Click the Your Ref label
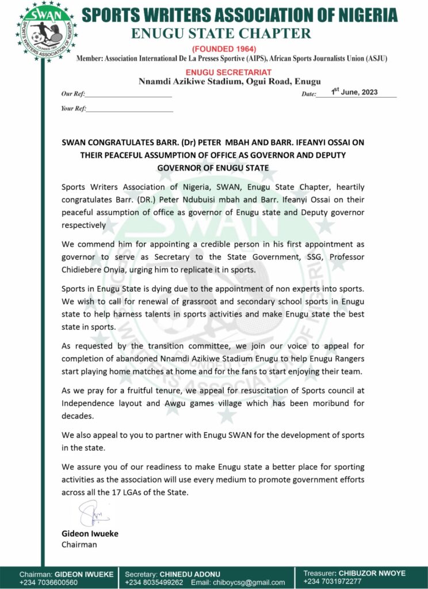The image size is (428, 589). click(x=73, y=108)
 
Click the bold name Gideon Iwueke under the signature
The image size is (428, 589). click(x=90, y=533)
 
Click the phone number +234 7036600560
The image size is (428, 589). click(x=48, y=582)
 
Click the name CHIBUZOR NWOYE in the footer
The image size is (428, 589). click(x=372, y=573)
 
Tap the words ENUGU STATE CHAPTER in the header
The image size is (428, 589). click(x=221, y=33)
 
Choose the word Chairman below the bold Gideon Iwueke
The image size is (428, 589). click(x=79, y=544)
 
